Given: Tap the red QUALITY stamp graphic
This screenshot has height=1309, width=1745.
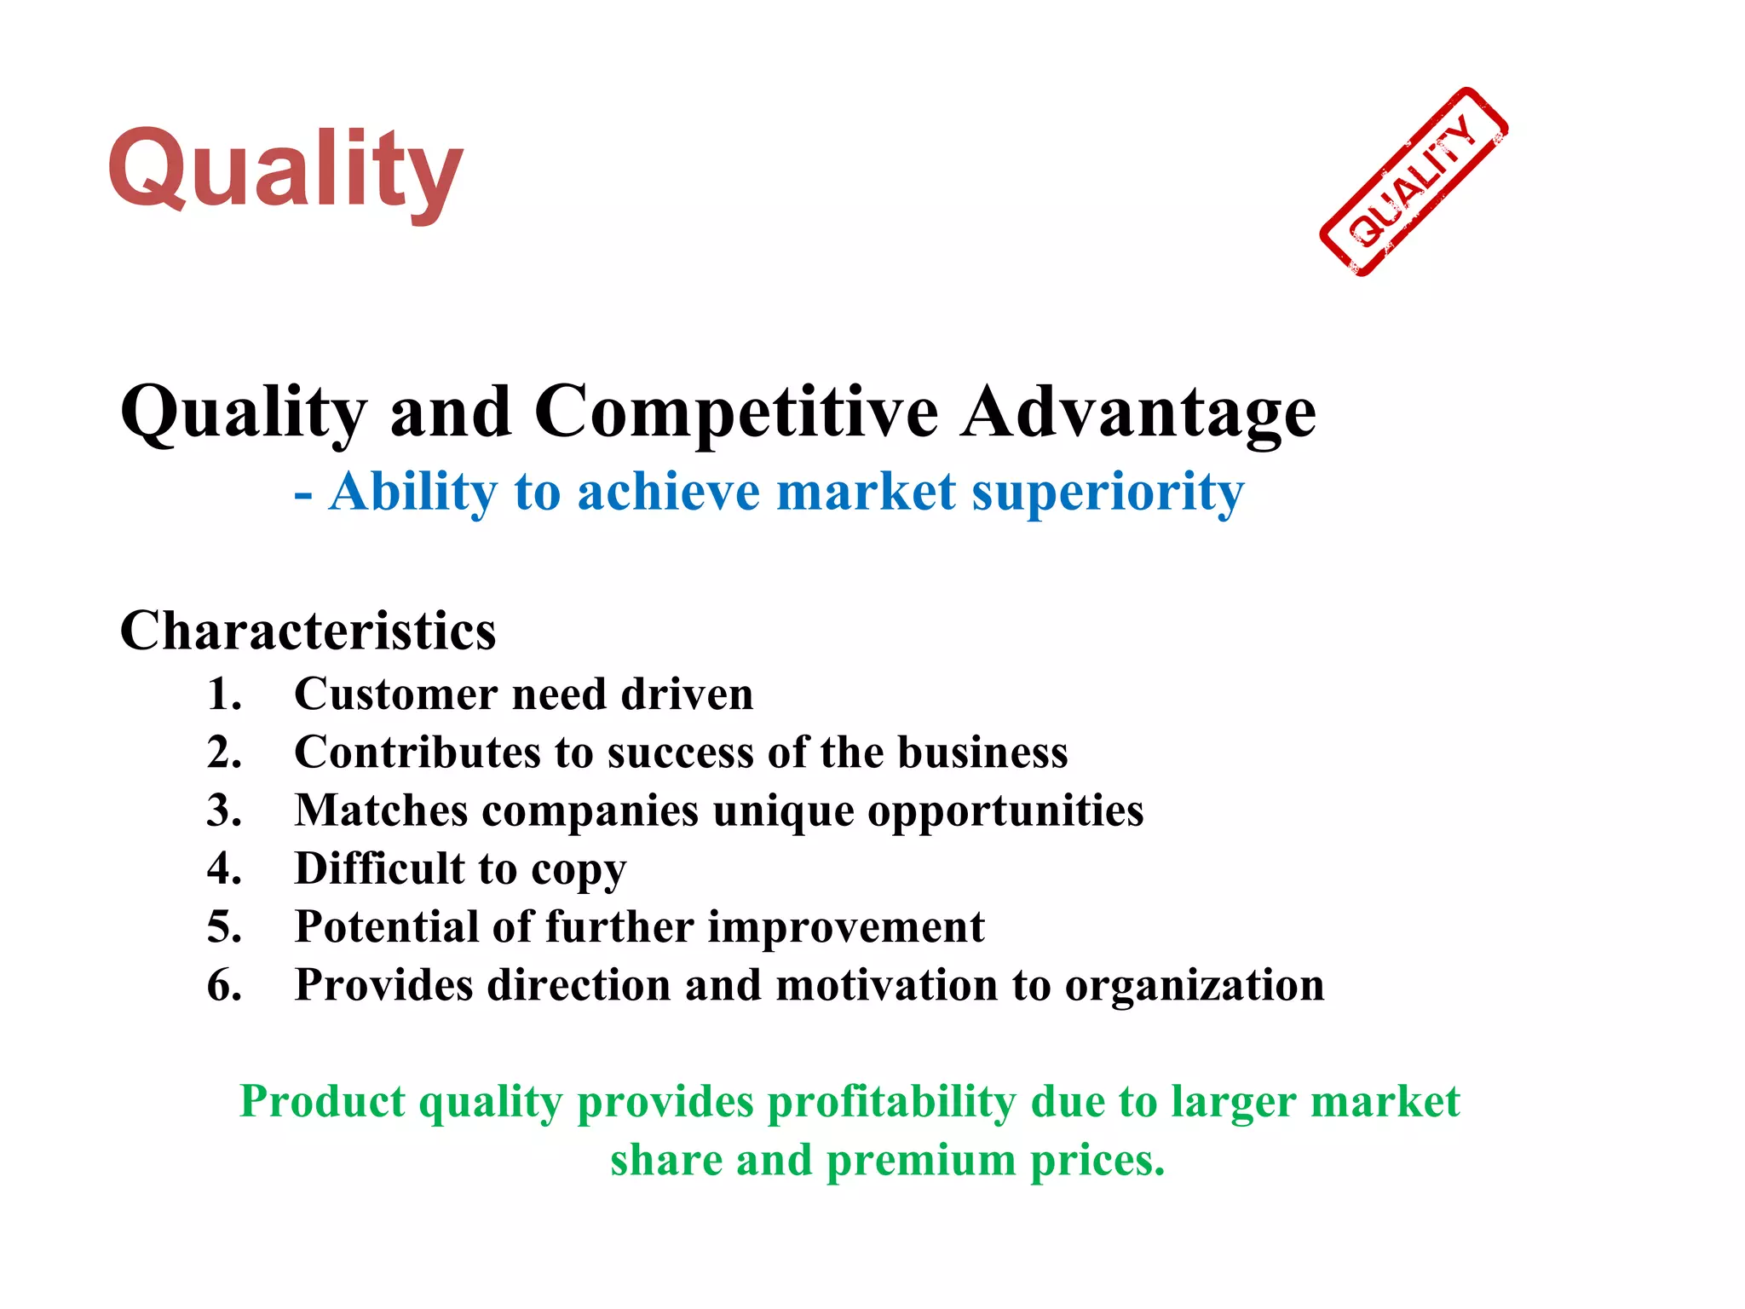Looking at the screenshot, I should coord(1414,182).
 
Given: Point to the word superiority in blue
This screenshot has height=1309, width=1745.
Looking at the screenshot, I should coord(1108,493).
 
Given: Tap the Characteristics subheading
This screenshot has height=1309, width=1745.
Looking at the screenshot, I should coord(308,631).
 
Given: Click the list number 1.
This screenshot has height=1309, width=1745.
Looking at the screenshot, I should coord(224,694).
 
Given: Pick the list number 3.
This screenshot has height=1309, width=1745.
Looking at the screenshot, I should coord(224,810).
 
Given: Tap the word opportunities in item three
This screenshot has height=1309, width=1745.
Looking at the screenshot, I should coord(1005,810).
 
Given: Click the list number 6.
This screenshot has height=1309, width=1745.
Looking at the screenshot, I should coord(224,985).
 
